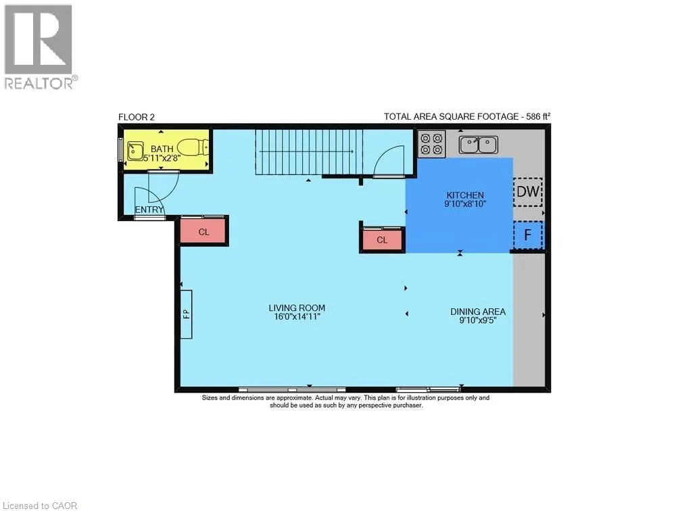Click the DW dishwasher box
pos(527,193)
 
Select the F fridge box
pos(527,235)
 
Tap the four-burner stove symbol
pos(431,144)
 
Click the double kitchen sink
pos(478,144)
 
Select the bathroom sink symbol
pos(135,149)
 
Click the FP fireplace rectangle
pos(186,314)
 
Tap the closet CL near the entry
pos(203,232)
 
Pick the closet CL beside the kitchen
pos(382,240)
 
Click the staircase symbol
pos(308,152)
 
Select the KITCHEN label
pos(465,195)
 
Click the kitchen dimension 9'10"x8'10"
pos(465,203)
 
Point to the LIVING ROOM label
pos(292,308)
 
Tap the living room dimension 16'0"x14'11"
pos(292,316)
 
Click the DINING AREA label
pos(478,312)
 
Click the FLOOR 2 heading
pos(137,117)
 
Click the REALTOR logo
pos(39,47)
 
